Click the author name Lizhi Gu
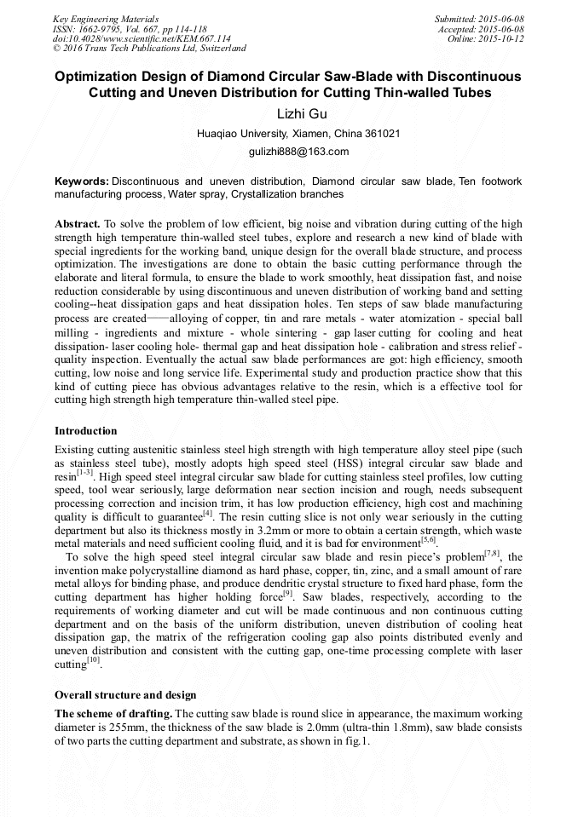coord(288,113)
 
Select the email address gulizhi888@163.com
coord(288,152)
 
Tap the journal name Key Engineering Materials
coord(105,18)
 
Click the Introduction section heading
coord(85,430)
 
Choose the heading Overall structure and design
coord(125,694)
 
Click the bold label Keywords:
coord(82,181)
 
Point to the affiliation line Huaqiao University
coord(288,134)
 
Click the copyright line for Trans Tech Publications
coord(149,49)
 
